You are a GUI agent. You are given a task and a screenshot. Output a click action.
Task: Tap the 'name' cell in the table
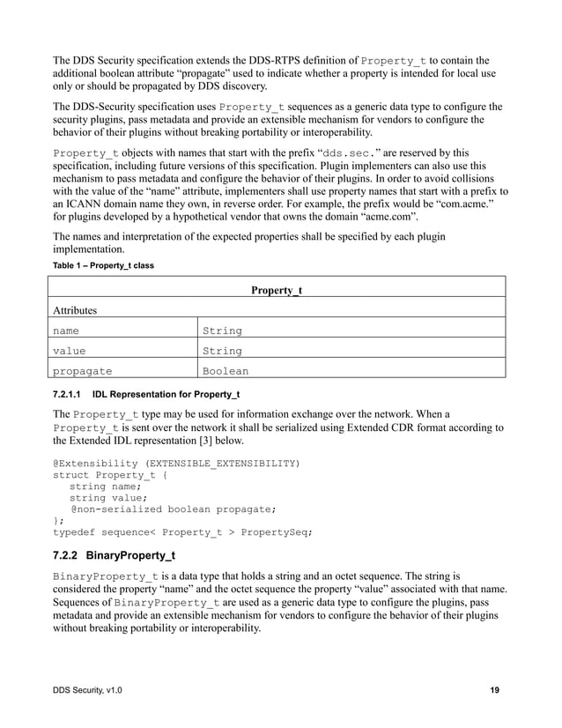pos(66,331)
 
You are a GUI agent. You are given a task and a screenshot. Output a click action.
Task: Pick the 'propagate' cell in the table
pos(82,372)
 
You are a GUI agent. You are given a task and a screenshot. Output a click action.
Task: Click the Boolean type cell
pos(226,372)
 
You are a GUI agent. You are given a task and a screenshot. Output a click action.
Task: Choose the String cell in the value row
pos(222,352)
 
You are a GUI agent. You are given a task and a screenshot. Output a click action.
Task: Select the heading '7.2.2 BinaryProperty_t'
pos(115,555)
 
